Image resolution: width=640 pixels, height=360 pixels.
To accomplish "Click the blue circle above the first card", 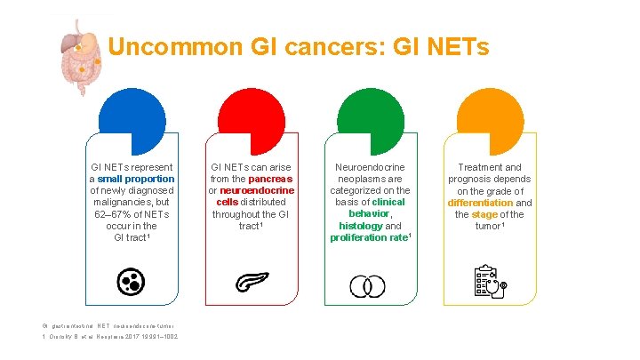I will [x=132, y=122].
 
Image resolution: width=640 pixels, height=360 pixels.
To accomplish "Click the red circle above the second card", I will [x=252, y=122].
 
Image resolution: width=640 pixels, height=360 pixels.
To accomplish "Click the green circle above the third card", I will [x=370, y=122].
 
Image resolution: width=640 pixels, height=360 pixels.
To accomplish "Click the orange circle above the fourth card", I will [x=489, y=122].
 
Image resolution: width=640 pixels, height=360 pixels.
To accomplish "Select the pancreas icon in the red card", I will [x=252, y=283].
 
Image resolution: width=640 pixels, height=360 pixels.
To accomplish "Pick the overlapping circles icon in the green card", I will [x=367, y=285].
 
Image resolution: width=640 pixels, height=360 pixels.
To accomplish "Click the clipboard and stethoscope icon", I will [x=490, y=282].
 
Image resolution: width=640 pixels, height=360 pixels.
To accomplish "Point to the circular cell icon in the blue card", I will [x=131, y=283].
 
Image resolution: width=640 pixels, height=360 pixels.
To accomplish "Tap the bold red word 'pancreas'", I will [x=271, y=179].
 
